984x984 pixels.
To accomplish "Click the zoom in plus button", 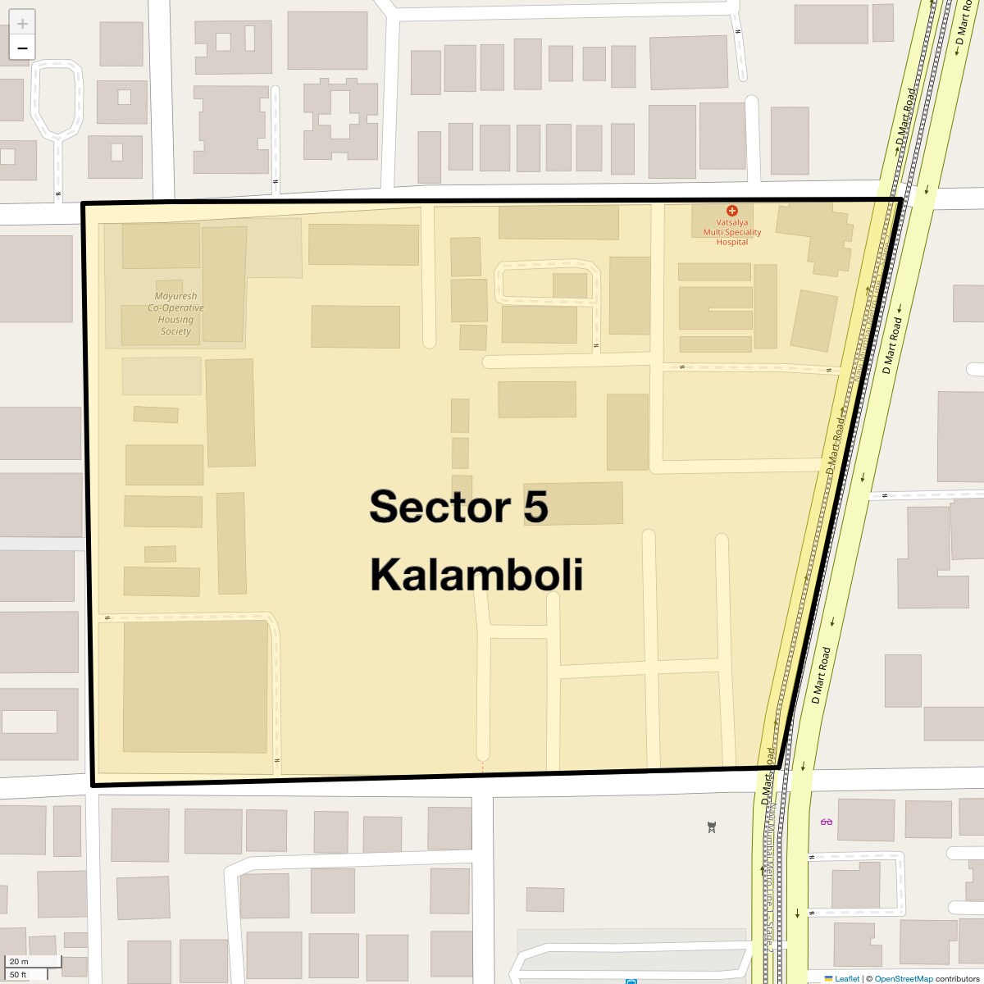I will pyautogui.click(x=22, y=24).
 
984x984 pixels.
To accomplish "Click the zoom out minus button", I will pyautogui.click(x=22, y=48).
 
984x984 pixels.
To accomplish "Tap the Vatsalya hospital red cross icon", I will pyautogui.click(x=732, y=211).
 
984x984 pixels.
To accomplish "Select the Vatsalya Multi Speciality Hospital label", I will pyautogui.click(x=732, y=232).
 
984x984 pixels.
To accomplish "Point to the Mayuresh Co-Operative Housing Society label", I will pyautogui.click(x=175, y=314).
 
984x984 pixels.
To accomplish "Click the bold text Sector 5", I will pyautogui.click(x=458, y=506).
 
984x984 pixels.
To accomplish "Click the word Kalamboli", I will pyautogui.click(x=476, y=574).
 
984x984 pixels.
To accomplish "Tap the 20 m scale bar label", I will pyautogui.click(x=20, y=962).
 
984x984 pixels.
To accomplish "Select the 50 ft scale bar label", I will pyautogui.click(x=19, y=975).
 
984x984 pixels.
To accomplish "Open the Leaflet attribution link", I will pyautogui.click(x=847, y=978).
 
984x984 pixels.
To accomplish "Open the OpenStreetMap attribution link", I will pyautogui.click(x=903, y=978).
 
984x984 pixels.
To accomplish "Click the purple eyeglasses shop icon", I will pyautogui.click(x=826, y=822).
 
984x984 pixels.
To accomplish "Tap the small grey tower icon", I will pyautogui.click(x=712, y=827).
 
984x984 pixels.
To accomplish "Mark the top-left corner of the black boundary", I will pyautogui.click(x=83, y=203).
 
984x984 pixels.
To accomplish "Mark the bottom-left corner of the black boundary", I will pyautogui.click(x=93, y=785).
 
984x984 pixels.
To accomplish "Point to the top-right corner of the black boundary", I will pyautogui.click(x=901, y=199).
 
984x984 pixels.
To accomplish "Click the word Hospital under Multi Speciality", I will pyautogui.click(x=732, y=242).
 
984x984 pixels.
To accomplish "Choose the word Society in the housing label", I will pyautogui.click(x=175, y=331).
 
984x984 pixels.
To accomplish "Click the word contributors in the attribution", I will pyautogui.click(x=957, y=978).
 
